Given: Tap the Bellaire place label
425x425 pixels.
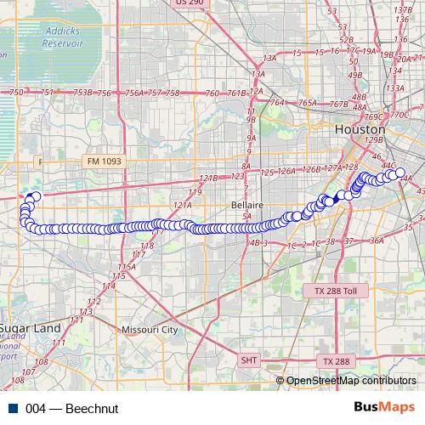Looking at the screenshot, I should [x=246, y=206].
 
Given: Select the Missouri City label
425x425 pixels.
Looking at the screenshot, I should [x=150, y=329].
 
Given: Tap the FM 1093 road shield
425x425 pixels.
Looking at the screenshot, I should [x=104, y=161].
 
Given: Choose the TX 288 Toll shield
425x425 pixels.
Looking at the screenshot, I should [x=333, y=291].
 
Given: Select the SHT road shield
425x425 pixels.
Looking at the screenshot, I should [x=249, y=360].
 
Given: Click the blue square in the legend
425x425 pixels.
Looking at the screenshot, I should [x=12, y=408].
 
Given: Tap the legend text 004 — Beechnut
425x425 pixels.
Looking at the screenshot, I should [x=71, y=408].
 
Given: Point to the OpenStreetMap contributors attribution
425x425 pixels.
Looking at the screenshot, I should [x=350, y=381].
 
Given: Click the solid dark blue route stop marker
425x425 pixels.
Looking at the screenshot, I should [x=338, y=196].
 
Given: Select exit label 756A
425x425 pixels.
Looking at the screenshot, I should [x=134, y=93].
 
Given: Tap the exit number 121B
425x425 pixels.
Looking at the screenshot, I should [x=209, y=178].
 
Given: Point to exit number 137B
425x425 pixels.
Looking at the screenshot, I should [x=403, y=8].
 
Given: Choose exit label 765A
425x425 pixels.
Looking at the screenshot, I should [x=307, y=103].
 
